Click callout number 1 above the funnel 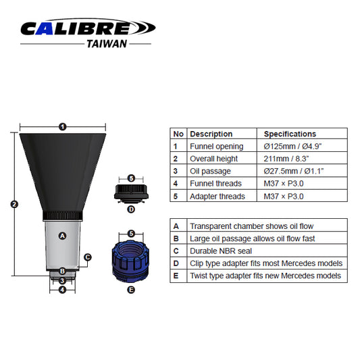click(62, 126)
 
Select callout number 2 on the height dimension click(14, 204)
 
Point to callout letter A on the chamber click(62, 236)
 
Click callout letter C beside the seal click(88, 257)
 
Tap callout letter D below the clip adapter click(131, 209)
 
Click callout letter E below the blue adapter click(131, 289)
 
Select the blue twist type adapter click(131, 259)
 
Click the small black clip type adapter click(131, 192)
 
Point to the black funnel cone click(62, 169)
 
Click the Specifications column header click(289, 134)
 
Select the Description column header click(211, 134)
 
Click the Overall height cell click(213, 159)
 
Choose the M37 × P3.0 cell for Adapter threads click(284, 197)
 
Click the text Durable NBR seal click(222, 251)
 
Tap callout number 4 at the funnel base click(62, 290)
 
